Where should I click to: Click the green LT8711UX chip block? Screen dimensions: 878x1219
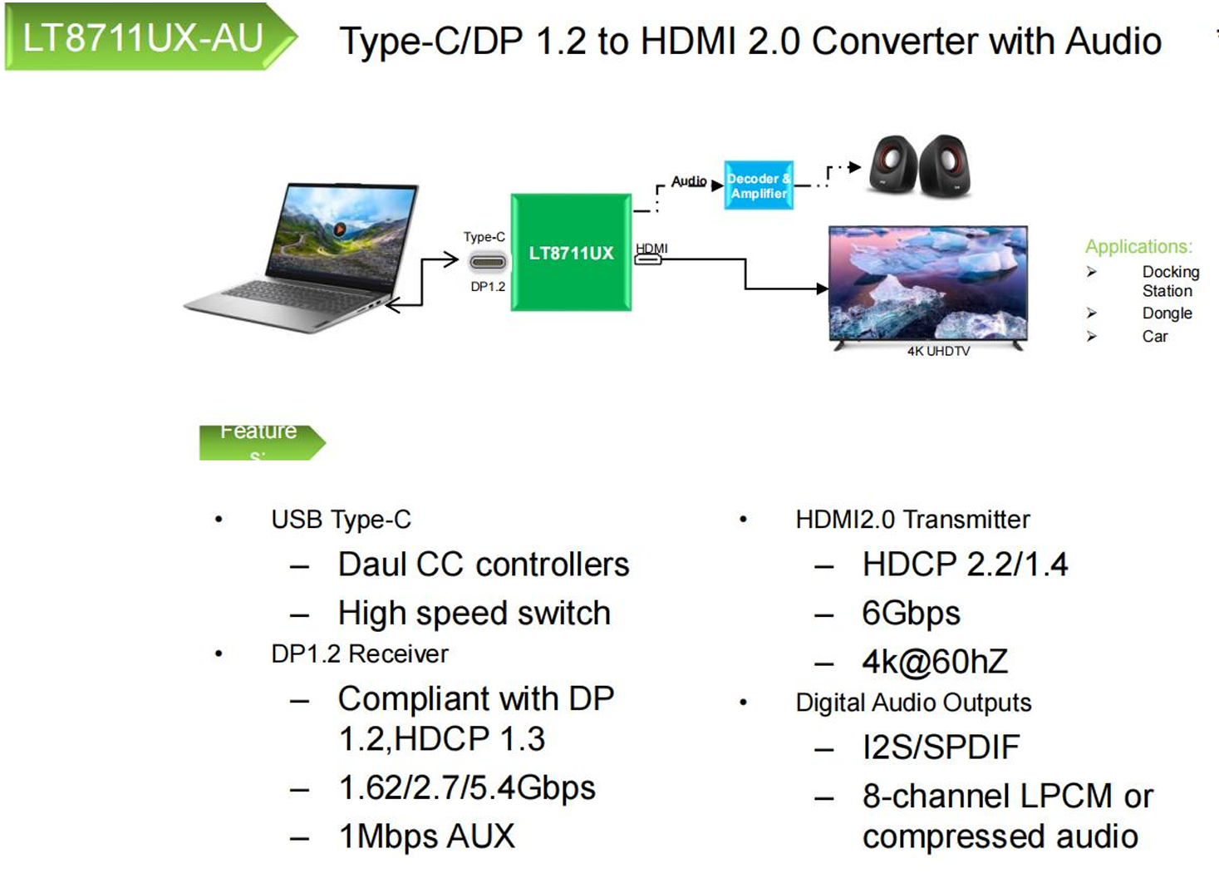(x=571, y=253)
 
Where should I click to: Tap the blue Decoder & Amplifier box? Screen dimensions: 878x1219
(x=758, y=185)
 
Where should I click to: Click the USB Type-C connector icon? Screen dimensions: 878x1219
(x=488, y=262)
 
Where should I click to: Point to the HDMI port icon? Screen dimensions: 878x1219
(x=648, y=259)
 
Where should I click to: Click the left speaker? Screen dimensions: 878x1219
(x=893, y=165)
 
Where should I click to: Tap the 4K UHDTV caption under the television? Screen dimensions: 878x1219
(x=938, y=352)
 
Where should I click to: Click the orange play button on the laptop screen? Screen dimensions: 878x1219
(x=340, y=229)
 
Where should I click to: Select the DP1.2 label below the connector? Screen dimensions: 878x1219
(x=488, y=287)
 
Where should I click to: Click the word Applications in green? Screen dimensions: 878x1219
(x=1138, y=247)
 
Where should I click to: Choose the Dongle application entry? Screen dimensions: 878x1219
(x=1167, y=313)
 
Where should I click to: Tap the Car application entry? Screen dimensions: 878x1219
(x=1154, y=337)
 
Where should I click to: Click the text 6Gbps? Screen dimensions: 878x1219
(x=911, y=614)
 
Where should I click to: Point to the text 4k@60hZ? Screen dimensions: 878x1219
(x=935, y=662)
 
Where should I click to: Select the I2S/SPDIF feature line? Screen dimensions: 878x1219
(x=941, y=747)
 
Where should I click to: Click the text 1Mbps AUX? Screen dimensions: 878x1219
(x=427, y=836)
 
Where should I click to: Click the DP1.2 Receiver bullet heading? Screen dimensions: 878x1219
(x=359, y=654)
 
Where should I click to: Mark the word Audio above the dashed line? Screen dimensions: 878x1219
(x=689, y=181)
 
